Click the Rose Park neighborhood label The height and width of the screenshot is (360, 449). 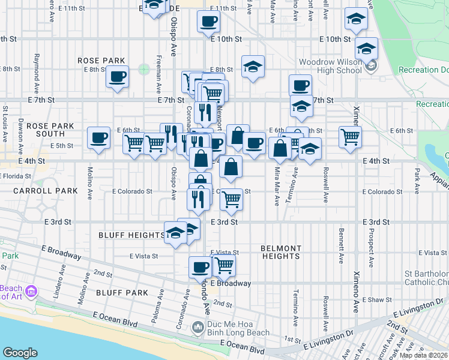click(101, 61)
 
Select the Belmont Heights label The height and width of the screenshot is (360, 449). click(280, 252)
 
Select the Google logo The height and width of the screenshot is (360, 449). click(20, 352)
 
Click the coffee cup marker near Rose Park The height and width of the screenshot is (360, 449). click(118, 77)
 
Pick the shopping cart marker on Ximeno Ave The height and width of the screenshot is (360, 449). click(350, 136)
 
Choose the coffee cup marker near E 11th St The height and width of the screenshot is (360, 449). click(208, 22)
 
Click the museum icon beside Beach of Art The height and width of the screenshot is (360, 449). click(31, 292)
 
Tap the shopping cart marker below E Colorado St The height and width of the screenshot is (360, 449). click(231, 200)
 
